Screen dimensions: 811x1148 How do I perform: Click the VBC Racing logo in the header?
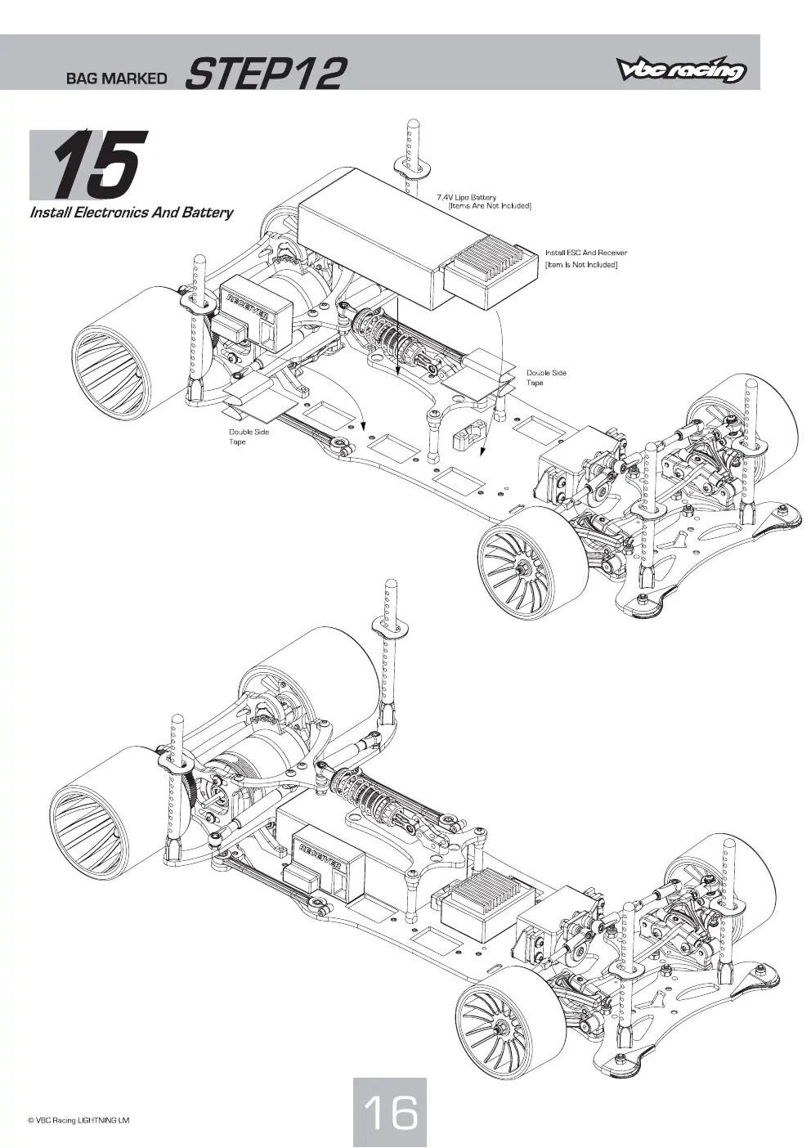(681, 70)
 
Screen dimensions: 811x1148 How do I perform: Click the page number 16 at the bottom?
(389, 1109)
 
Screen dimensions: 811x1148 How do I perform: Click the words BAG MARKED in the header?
(116, 78)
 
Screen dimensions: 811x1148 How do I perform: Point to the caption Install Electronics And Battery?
(132, 212)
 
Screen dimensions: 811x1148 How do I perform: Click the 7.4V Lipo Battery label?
(466, 197)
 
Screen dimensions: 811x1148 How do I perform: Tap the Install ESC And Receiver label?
(586, 253)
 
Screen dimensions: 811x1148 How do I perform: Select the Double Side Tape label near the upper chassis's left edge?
(249, 437)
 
